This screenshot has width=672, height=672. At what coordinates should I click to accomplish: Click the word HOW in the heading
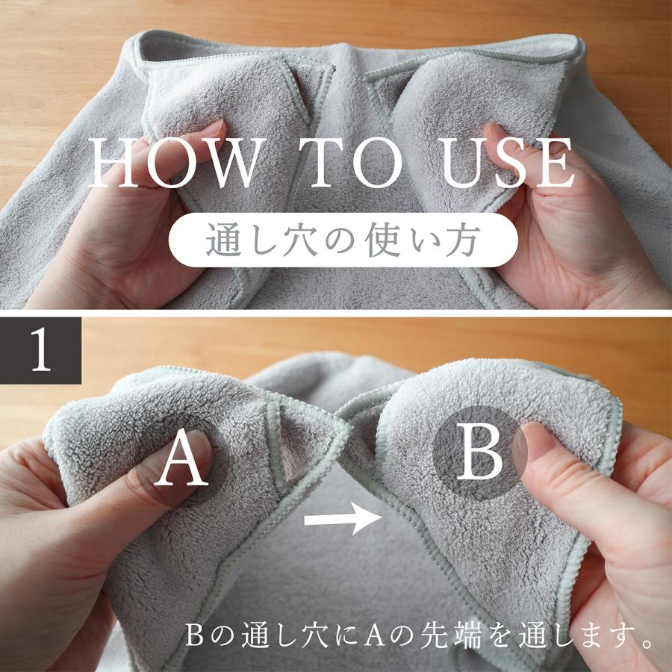[x=175, y=163]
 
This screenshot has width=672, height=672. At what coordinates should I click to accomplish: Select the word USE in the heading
[x=508, y=163]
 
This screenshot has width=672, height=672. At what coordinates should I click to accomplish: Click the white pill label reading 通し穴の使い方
[x=343, y=240]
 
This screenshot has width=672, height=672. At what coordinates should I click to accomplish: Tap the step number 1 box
[x=41, y=351]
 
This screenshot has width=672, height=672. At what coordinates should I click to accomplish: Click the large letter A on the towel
[x=181, y=457]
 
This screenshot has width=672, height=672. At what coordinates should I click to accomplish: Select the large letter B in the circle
[x=479, y=452]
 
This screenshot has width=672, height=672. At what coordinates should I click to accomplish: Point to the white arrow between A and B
[x=343, y=519]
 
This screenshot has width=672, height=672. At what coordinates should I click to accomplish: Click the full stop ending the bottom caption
[x=647, y=642]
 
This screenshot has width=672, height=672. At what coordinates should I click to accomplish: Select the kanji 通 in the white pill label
[x=223, y=240]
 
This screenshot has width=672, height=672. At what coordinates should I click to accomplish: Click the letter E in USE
[x=556, y=163]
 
